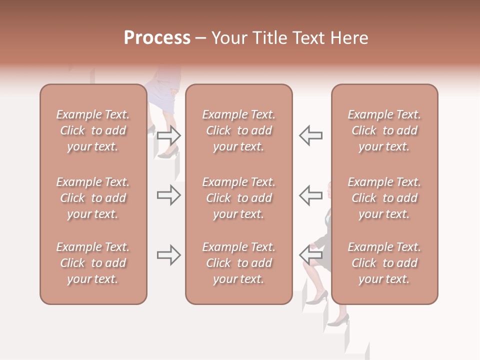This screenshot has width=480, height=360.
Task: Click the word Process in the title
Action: point(157,38)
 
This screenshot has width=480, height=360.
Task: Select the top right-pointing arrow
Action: point(169,135)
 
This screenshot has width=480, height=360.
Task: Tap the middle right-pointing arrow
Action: point(169,195)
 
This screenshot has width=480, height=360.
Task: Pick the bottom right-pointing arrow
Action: point(169,255)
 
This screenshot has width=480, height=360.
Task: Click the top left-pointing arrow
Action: point(310,135)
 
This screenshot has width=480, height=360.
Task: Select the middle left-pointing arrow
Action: point(310,195)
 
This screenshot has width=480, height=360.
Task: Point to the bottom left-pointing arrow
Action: point(310,255)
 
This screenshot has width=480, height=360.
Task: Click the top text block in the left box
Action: point(93,130)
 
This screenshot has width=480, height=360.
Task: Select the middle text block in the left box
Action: point(93,198)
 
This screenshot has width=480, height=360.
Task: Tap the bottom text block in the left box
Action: point(93,263)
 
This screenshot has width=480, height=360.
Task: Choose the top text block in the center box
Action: point(238,130)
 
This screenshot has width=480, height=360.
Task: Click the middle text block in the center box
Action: point(238,198)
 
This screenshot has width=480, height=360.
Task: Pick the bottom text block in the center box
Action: point(238,263)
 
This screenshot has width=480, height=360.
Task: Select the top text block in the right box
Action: point(384,130)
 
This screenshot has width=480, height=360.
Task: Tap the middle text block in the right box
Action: point(384,198)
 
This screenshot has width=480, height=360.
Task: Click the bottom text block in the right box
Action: point(384,263)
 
